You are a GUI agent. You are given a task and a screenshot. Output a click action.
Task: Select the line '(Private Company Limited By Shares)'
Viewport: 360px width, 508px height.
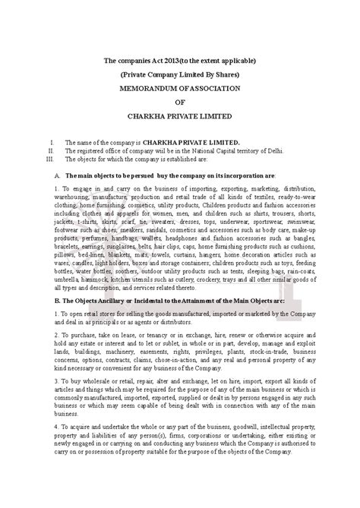180,74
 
